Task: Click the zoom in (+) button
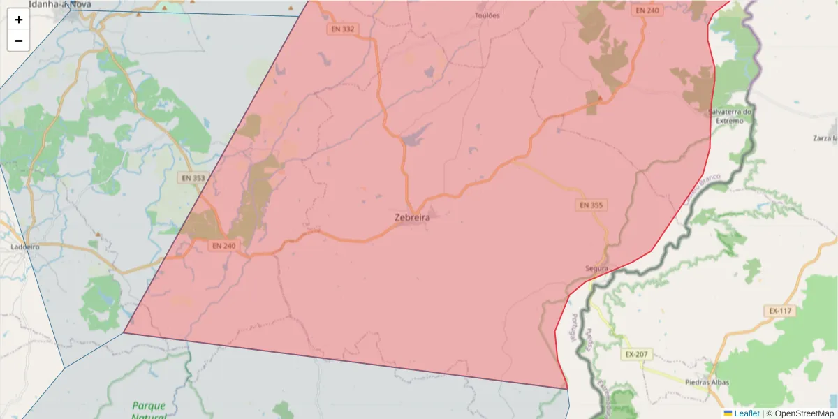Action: (19, 20)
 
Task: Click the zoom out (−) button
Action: (19, 41)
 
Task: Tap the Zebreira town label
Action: (412, 217)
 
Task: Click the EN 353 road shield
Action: (193, 178)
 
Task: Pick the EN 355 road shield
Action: (591, 205)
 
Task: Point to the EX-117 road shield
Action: (781, 311)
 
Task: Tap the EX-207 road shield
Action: (636, 354)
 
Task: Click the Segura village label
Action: (597, 268)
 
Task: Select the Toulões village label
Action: (487, 15)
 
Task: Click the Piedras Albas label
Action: (707, 383)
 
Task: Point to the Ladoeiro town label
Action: (25, 247)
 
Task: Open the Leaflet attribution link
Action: (747, 413)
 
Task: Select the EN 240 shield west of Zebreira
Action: (223, 246)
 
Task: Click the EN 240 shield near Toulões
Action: (647, 10)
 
